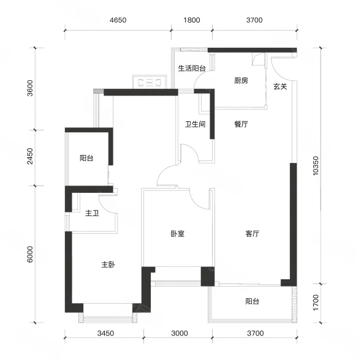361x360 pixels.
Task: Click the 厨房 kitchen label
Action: [x=241, y=81]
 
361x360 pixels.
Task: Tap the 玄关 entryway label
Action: [x=280, y=87]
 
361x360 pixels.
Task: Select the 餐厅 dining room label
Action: [x=241, y=124]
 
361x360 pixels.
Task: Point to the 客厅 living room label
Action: [x=253, y=234]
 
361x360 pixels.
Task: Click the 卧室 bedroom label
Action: [x=178, y=234]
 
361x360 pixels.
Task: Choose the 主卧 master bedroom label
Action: [x=108, y=264]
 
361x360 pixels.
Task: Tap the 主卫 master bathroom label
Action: [x=92, y=213]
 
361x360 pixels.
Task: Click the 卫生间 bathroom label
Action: [x=196, y=124]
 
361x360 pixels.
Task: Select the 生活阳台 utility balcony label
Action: [x=192, y=69]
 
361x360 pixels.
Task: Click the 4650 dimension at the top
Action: [x=118, y=20]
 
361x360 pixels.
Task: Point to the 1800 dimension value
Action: [x=192, y=20]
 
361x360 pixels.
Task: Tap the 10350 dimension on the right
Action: [x=316, y=166]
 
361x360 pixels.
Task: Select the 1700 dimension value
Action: [x=316, y=302]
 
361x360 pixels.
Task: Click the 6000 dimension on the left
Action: [x=30, y=254]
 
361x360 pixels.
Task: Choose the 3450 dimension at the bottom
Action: [x=105, y=333]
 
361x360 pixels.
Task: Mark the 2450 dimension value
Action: [x=30, y=156]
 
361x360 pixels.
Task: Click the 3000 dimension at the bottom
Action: [x=180, y=333]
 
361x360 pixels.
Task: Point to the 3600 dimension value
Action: [x=30, y=88]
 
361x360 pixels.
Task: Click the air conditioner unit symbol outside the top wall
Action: [x=149, y=82]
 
